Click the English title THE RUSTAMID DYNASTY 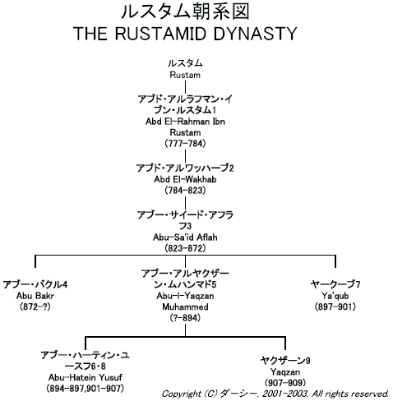(185, 34)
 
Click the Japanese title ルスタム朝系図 (185, 12)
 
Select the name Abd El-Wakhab (185, 179)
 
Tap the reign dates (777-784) (185, 144)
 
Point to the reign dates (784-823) (185, 191)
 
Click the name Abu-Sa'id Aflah (185, 237)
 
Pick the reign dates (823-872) (185, 248)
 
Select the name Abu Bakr (35, 296)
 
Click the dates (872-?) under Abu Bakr (35, 307)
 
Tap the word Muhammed (185, 307)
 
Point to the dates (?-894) (185, 318)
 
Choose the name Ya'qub (335, 296)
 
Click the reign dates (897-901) (335, 307)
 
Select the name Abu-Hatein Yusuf (86, 377)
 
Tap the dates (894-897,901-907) (86, 389)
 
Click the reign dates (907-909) (285, 383)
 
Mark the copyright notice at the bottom (275, 394)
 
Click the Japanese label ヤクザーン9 (285, 361)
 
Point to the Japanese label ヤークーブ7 (335, 284)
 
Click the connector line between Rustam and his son (185, 87)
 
